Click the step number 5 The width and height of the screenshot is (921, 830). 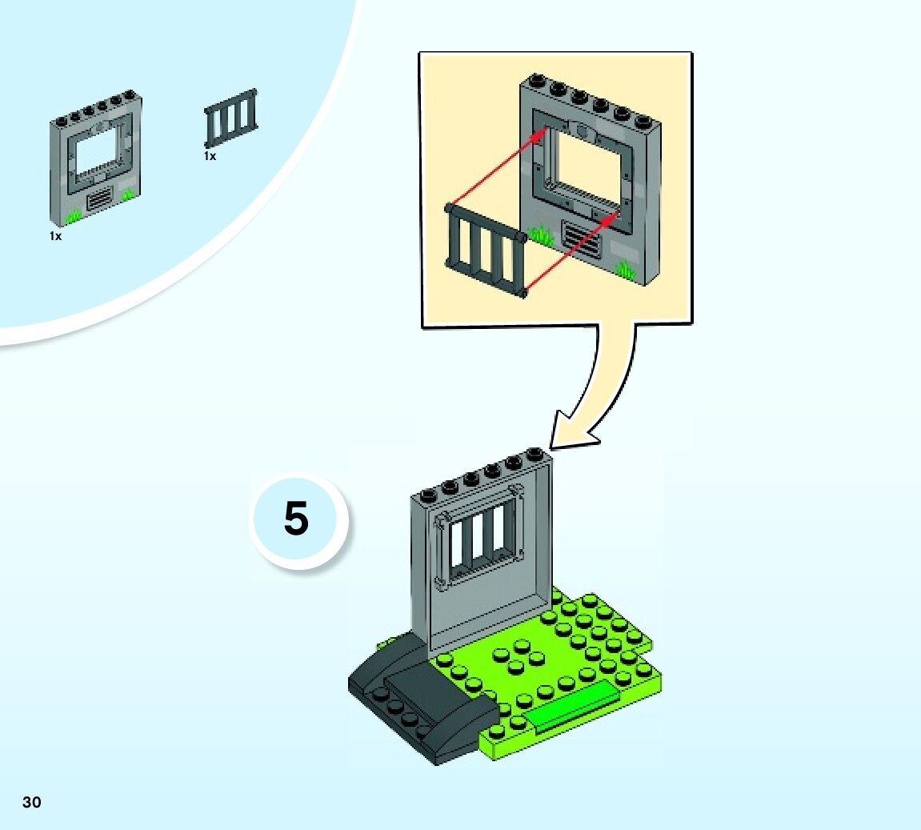coord(296,519)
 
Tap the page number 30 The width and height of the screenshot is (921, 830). coord(31,802)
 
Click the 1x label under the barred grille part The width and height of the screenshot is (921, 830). coord(210,156)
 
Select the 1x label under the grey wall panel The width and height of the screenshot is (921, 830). coord(55,236)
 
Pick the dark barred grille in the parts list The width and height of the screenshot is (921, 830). coord(231,118)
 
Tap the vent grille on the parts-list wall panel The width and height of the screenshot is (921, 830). coord(99,198)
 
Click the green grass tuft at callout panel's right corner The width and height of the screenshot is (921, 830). coord(625,270)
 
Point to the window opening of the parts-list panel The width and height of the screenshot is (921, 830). coord(95,147)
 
